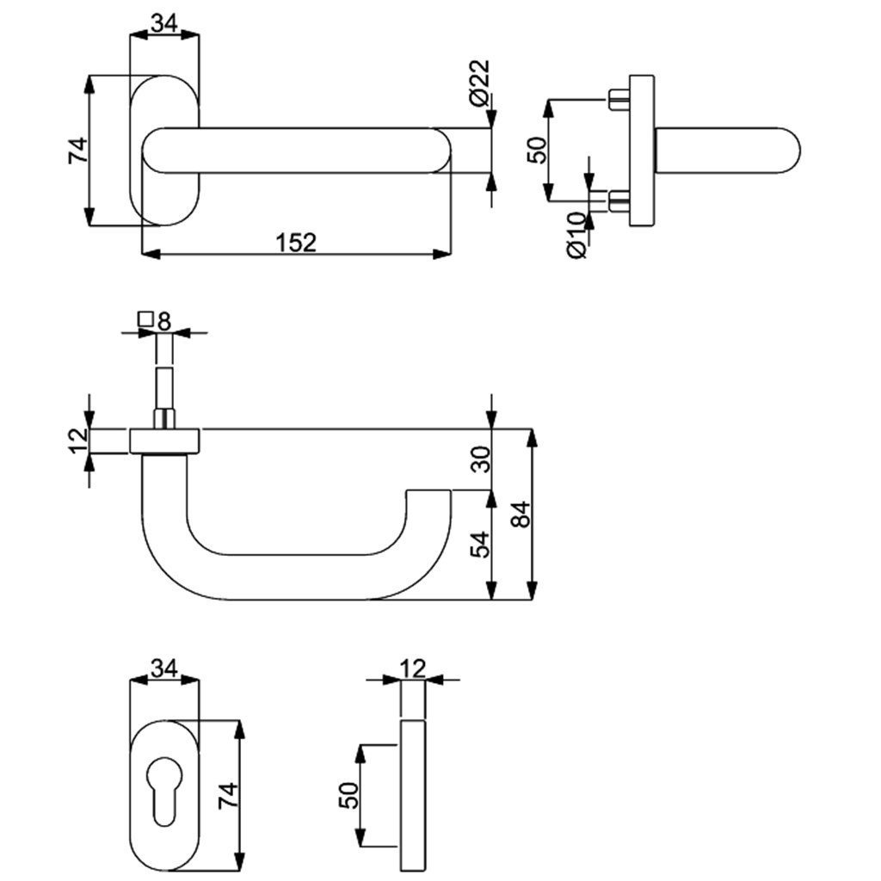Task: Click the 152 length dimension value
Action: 297,243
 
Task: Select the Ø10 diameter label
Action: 576,235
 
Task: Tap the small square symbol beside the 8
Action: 145,320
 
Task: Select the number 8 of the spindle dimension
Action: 164,321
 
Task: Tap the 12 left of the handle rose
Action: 78,440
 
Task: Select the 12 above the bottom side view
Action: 413,667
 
